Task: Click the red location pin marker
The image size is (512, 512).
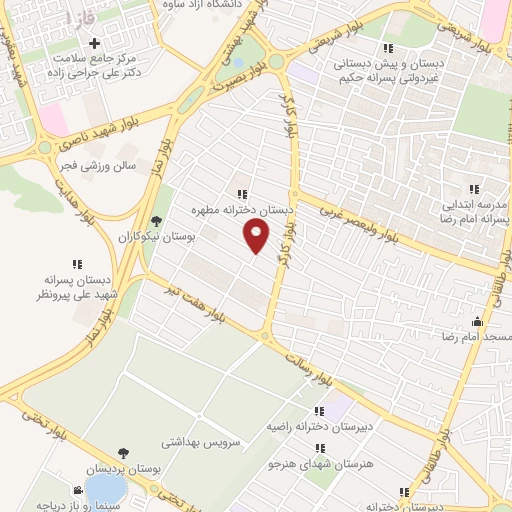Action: pyautogui.click(x=258, y=236)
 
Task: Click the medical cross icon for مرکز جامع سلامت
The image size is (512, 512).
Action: pyautogui.click(x=95, y=44)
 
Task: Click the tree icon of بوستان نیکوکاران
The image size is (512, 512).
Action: pyautogui.click(x=155, y=222)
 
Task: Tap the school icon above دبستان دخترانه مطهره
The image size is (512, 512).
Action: pyautogui.click(x=241, y=194)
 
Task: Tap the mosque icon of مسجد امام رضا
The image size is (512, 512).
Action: pyautogui.click(x=477, y=322)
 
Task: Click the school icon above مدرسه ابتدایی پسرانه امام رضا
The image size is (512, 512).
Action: pyautogui.click(x=475, y=188)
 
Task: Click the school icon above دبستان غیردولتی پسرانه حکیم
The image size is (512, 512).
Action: pyautogui.click(x=389, y=47)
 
